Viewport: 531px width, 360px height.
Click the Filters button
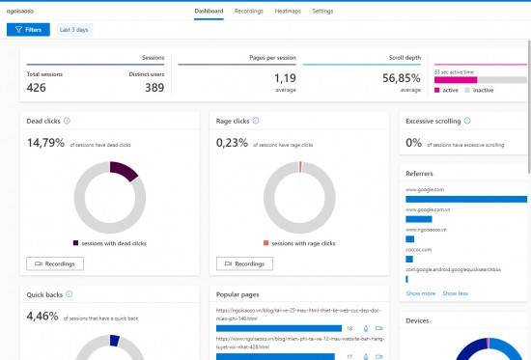pyautogui.click(x=27, y=30)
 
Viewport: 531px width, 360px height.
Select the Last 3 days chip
pyautogui.click(x=75, y=30)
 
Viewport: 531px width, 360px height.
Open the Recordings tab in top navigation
pyautogui.click(x=249, y=11)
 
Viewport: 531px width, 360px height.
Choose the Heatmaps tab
pyautogui.click(x=288, y=11)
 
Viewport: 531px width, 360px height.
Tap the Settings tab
pyautogui.click(x=322, y=11)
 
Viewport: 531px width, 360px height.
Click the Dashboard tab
pyautogui.click(x=209, y=11)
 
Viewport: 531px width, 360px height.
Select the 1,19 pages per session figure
pyautogui.click(x=285, y=77)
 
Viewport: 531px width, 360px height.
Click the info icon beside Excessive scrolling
pyautogui.click(x=467, y=122)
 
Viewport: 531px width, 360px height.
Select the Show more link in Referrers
pyautogui.click(x=420, y=292)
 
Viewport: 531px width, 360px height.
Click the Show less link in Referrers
pyautogui.click(x=455, y=292)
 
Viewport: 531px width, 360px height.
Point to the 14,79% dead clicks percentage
pyautogui.click(x=44, y=144)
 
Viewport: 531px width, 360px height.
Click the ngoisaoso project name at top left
pyautogui.click(x=23, y=11)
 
